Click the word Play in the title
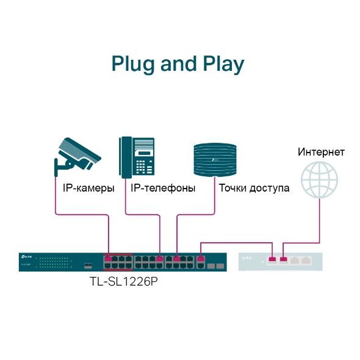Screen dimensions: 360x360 coord(221,64)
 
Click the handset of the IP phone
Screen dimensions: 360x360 coord(125,156)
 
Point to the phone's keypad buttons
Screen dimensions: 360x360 coord(144,165)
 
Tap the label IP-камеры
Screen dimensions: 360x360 coord(88,188)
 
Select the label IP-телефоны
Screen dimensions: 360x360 coord(163,188)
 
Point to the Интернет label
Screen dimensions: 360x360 coord(321,151)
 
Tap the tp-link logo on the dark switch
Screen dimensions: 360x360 coord(27,257)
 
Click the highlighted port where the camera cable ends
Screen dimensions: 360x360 coord(109,259)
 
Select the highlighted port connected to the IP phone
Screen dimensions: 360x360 coord(160,259)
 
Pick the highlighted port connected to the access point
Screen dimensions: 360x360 coord(177,259)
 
